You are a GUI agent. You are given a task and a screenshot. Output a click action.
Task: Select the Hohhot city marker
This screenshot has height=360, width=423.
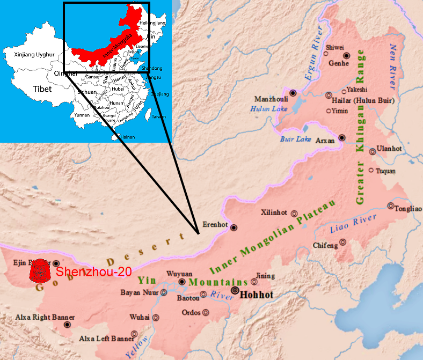pos(235,291)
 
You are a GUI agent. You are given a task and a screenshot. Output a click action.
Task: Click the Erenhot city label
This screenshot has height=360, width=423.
pos(215,224)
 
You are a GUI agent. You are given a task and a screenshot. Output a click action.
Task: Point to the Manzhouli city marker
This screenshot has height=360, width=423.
pos(293,93)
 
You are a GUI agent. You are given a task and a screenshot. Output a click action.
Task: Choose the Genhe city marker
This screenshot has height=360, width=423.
pos(347,55)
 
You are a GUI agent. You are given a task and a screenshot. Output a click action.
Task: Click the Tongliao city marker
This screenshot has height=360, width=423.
pos(391,206)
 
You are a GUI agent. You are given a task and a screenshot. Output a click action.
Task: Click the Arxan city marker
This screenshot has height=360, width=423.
pos(341,138)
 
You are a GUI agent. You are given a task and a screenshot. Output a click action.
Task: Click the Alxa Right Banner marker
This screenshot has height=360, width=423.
pos(67,325)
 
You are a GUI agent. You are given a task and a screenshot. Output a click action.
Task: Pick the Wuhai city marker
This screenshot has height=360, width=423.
pos(156,317)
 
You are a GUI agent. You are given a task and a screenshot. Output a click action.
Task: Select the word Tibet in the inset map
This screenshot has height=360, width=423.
pos(42,89)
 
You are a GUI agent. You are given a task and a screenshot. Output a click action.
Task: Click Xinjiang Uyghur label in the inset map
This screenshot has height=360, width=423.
pos(26,55)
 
